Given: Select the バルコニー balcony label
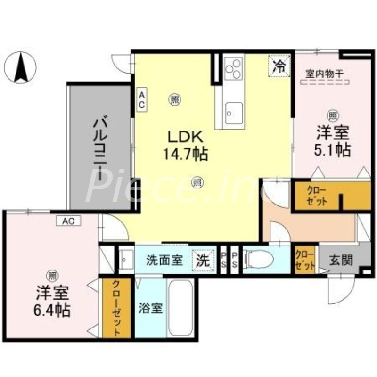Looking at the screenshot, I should pyautogui.click(x=100, y=147).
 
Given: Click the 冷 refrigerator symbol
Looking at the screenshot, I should pyautogui.click(x=279, y=65).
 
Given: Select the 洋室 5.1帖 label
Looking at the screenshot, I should pyautogui.click(x=332, y=142).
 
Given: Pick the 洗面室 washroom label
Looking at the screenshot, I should pyautogui.click(x=164, y=260).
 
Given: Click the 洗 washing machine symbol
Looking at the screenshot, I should pyautogui.click(x=203, y=260).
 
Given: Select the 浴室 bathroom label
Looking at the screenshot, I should pyautogui.click(x=151, y=309).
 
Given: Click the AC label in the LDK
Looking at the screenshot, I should pyautogui.click(x=141, y=100).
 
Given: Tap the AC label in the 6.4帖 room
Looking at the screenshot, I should pyautogui.click(x=69, y=220).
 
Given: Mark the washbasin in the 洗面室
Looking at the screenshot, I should pyautogui.click(x=125, y=260).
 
